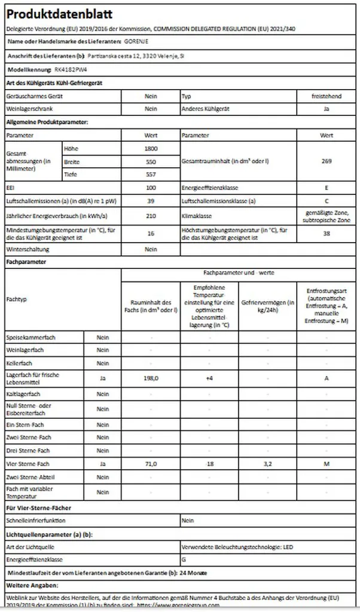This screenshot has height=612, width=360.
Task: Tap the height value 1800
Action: click(x=151, y=148)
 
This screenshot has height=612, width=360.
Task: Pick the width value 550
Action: click(x=151, y=161)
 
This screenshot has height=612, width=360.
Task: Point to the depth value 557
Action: click(x=151, y=175)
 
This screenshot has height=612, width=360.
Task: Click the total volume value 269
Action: click(x=326, y=161)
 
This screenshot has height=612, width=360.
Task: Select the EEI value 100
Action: click(x=151, y=188)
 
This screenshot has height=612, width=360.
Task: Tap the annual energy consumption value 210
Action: click(x=151, y=216)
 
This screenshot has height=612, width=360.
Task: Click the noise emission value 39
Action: click(x=151, y=201)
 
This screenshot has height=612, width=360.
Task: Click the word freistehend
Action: click(x=326, y=96)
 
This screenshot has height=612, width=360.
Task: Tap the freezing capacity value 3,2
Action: click(x=268, y=464)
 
